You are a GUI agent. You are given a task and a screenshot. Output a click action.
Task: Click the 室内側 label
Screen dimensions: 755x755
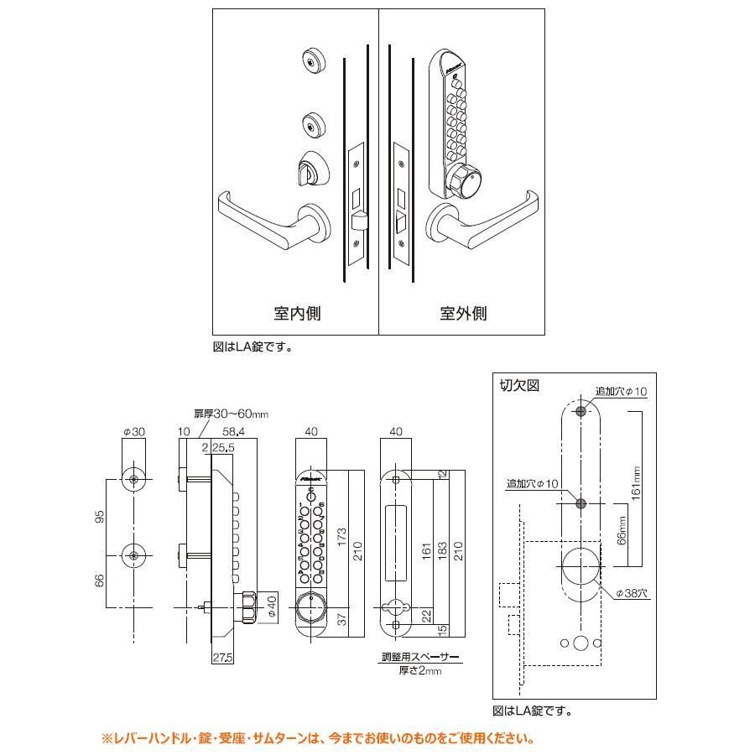pos(297,314)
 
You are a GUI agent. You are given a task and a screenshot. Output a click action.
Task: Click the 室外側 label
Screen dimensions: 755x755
pos(463,314)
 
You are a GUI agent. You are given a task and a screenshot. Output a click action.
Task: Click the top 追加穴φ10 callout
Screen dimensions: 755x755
pos(622,392)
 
